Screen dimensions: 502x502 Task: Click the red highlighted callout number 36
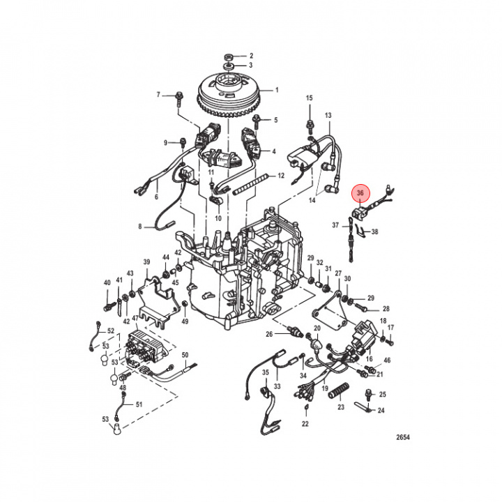(360, 193)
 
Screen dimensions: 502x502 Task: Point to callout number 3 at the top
(252, 66)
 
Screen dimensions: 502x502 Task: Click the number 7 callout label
(158, 94)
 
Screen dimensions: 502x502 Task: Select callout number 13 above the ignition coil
(328, 115)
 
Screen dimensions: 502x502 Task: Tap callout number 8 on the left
(139, 227)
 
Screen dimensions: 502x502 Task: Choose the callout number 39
(147, 262)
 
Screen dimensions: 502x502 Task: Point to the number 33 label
(277, 386)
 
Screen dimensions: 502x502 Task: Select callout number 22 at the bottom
(305, 424)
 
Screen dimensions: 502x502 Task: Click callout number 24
(381, 411)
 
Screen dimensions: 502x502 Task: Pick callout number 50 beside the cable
(185, 355)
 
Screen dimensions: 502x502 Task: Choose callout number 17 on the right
(390, 328)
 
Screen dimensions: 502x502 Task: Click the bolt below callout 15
(309, 127)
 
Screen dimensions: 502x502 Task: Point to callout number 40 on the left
(107, 282)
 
